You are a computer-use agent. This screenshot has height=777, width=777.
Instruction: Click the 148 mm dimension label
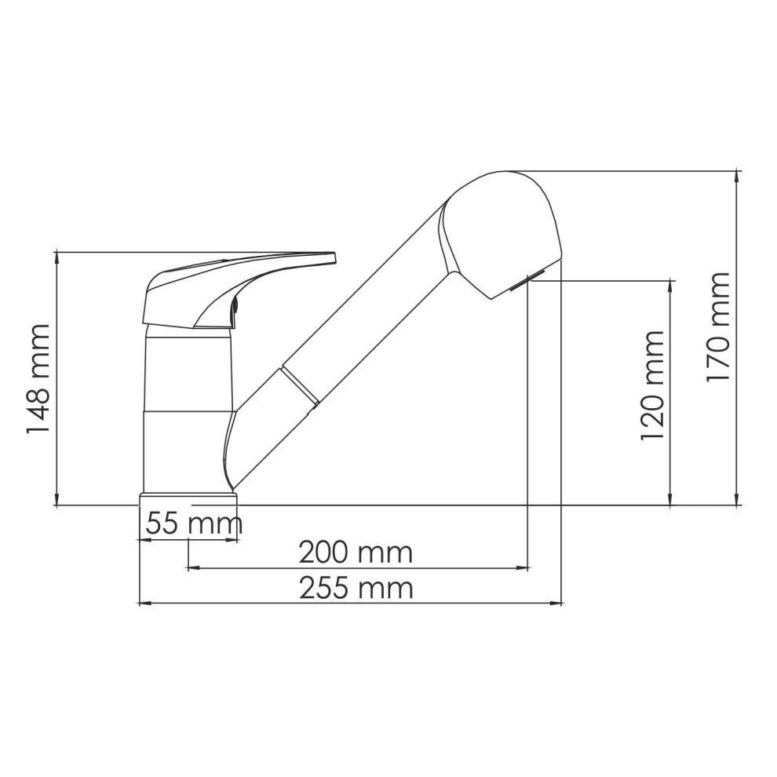coord(38,378)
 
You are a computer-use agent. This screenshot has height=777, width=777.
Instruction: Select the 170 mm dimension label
coord(718,326)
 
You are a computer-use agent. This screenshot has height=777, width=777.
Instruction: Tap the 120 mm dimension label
coord(652,385)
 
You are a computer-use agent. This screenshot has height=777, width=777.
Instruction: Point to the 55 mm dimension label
coord(194,523)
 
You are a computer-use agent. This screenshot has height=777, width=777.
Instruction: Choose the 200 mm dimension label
coord(356,553)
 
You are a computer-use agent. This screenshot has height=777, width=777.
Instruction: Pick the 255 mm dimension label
coord(356,589)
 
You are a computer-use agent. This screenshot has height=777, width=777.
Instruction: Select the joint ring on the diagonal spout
coord(301,385)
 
